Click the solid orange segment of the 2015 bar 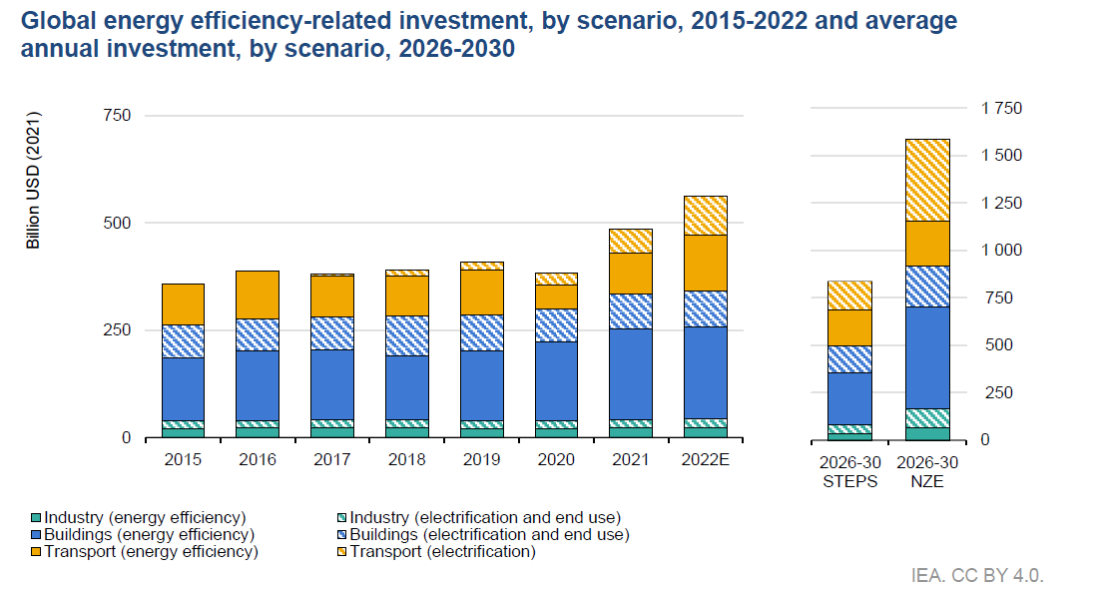tap(183, 303)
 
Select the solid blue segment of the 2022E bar tap(705, 371)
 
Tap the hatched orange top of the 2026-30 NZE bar tap(927, 180)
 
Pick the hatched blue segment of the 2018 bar tap(407, 335)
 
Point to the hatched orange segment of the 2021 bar tap(630, 241)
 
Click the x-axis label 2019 tap(481, 460)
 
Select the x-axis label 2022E tap(705, 460)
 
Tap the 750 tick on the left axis tap(118, 116)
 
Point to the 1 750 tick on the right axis tap(1001, 108)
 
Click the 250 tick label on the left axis tap(118, 330)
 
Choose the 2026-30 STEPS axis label tap(849, 471)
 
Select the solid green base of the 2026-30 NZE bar tap(927, 433)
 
